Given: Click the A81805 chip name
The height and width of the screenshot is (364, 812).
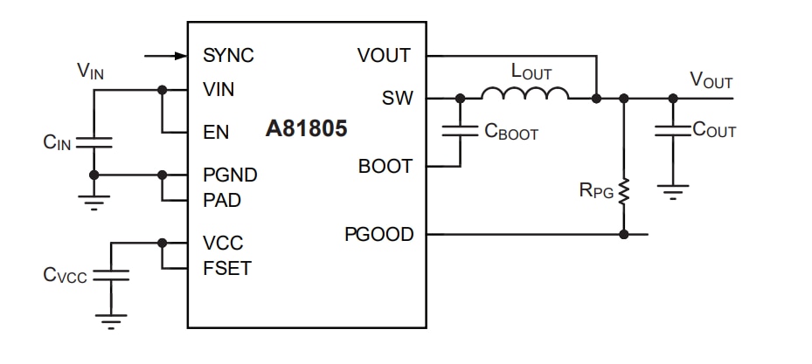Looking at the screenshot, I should point(306,129).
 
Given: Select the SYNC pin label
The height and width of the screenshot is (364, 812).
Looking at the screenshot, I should point(228,56).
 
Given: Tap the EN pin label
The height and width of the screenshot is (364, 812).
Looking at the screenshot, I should point(216,133).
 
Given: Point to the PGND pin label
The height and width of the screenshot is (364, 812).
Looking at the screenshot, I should point(230,175).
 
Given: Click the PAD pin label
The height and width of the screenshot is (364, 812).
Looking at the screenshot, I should point(222,200).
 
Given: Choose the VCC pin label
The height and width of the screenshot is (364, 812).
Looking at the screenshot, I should point(223,243).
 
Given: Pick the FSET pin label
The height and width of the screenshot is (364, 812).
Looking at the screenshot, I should point(226,268).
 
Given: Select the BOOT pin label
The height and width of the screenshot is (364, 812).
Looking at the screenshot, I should point(385,166).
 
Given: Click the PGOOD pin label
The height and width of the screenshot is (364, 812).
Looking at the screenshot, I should point(378,234).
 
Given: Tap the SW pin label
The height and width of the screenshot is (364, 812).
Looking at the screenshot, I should point(397,98).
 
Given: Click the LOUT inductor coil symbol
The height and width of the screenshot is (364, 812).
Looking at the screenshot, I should point(525,93).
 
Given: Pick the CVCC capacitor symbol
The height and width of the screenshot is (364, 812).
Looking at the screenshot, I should point(111,274).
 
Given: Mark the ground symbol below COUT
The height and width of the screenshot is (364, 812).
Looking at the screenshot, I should point(672,189).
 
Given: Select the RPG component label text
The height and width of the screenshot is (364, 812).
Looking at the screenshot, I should point(596,190).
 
